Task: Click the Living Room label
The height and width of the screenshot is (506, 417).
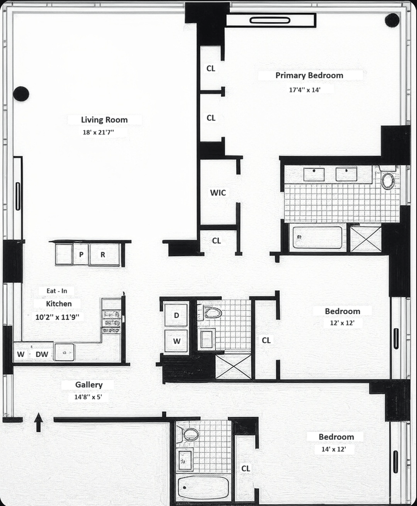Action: [x=104, y=120]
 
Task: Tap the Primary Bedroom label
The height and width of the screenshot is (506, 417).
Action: [x=309, y=75]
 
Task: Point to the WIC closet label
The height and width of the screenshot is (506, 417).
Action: [x=218, y=193]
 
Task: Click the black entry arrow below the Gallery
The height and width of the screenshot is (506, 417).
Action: [x=38, y=422]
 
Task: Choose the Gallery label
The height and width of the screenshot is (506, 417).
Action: [x=89, y=385]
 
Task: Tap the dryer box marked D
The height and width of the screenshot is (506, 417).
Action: [x=176, y=315]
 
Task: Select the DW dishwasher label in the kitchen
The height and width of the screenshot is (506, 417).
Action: [x=42, y=355]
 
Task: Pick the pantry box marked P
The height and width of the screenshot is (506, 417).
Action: [x=81, y=255]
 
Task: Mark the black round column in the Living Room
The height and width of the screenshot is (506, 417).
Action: [x=21, y=94]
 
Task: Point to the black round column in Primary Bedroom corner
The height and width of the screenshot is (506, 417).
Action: [x=392, y=20]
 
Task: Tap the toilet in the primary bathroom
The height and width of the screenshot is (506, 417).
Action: [x=387, y=180]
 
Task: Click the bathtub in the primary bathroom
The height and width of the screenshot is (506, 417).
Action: [x=317, y=238]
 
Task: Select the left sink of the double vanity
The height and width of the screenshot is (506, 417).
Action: [x=314, y=174]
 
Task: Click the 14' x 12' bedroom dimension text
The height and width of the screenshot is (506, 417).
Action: [x=330, y=449]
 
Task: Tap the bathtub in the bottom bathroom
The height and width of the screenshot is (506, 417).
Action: [x=203, y=487]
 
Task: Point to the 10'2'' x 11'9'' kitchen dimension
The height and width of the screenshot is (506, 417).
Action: [x=57, y=317]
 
